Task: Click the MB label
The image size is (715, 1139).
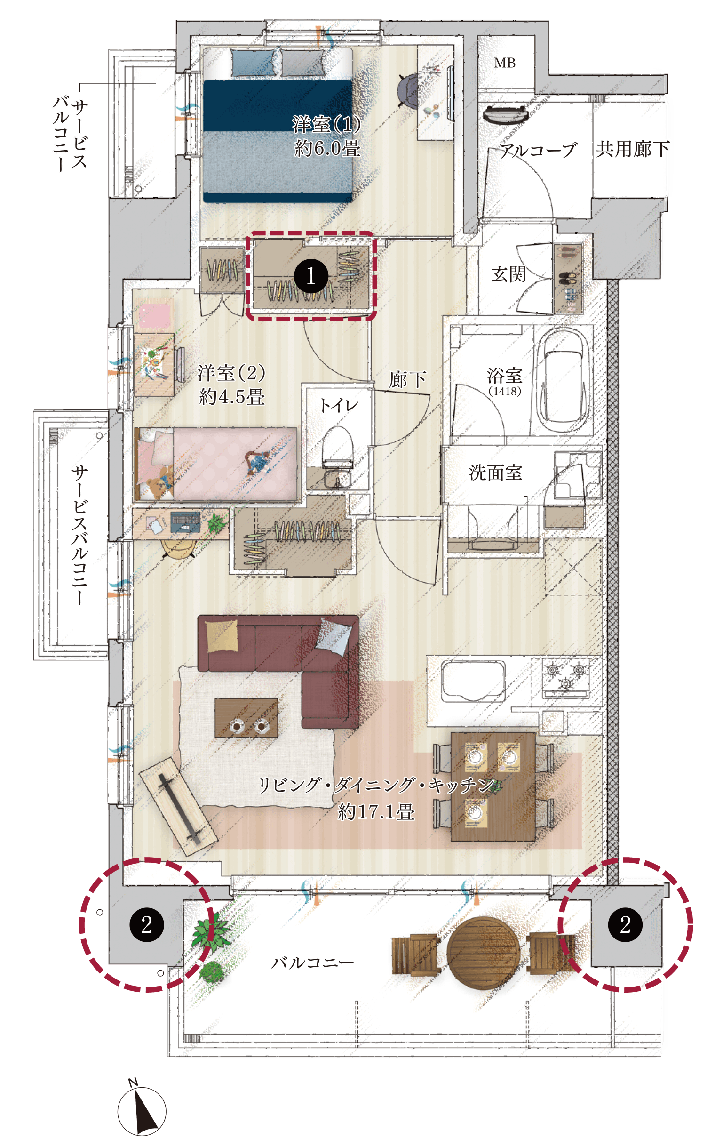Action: point(505,63)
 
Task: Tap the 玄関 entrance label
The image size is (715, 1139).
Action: point(508,274)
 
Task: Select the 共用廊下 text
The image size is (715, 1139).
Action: point(633,149)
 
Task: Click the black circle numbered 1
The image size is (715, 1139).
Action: point(311,276)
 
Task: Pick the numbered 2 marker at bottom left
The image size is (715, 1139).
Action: point(147,924)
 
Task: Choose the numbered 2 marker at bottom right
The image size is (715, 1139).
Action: point(625,924)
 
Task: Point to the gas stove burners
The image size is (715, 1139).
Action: point(565,677)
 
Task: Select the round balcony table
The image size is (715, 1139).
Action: point(483,953)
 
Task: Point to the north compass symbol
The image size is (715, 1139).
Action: point(142,1111)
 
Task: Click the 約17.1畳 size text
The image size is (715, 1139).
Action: point(376,812)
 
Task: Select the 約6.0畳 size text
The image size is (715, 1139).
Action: point(327,149)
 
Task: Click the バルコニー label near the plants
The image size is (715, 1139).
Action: point(312,963)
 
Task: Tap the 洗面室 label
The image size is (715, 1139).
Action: point(496,473)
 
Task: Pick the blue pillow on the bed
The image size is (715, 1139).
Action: point(252,63)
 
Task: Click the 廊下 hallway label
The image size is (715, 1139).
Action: point(408,379)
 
